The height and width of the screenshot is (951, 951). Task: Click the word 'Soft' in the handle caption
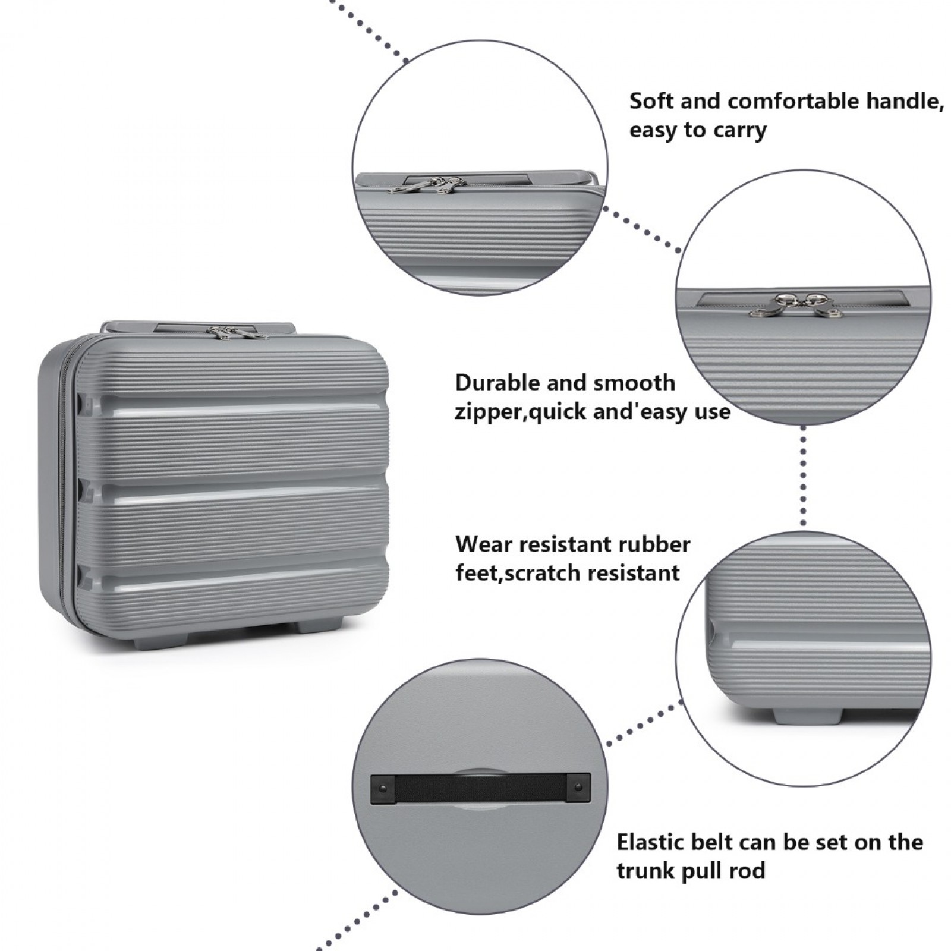click(652, 101)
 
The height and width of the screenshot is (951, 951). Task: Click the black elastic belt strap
click(480, 789)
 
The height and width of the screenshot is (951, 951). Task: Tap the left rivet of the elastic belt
click(382, 788)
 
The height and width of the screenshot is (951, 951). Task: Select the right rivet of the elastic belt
click(578, 788)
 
